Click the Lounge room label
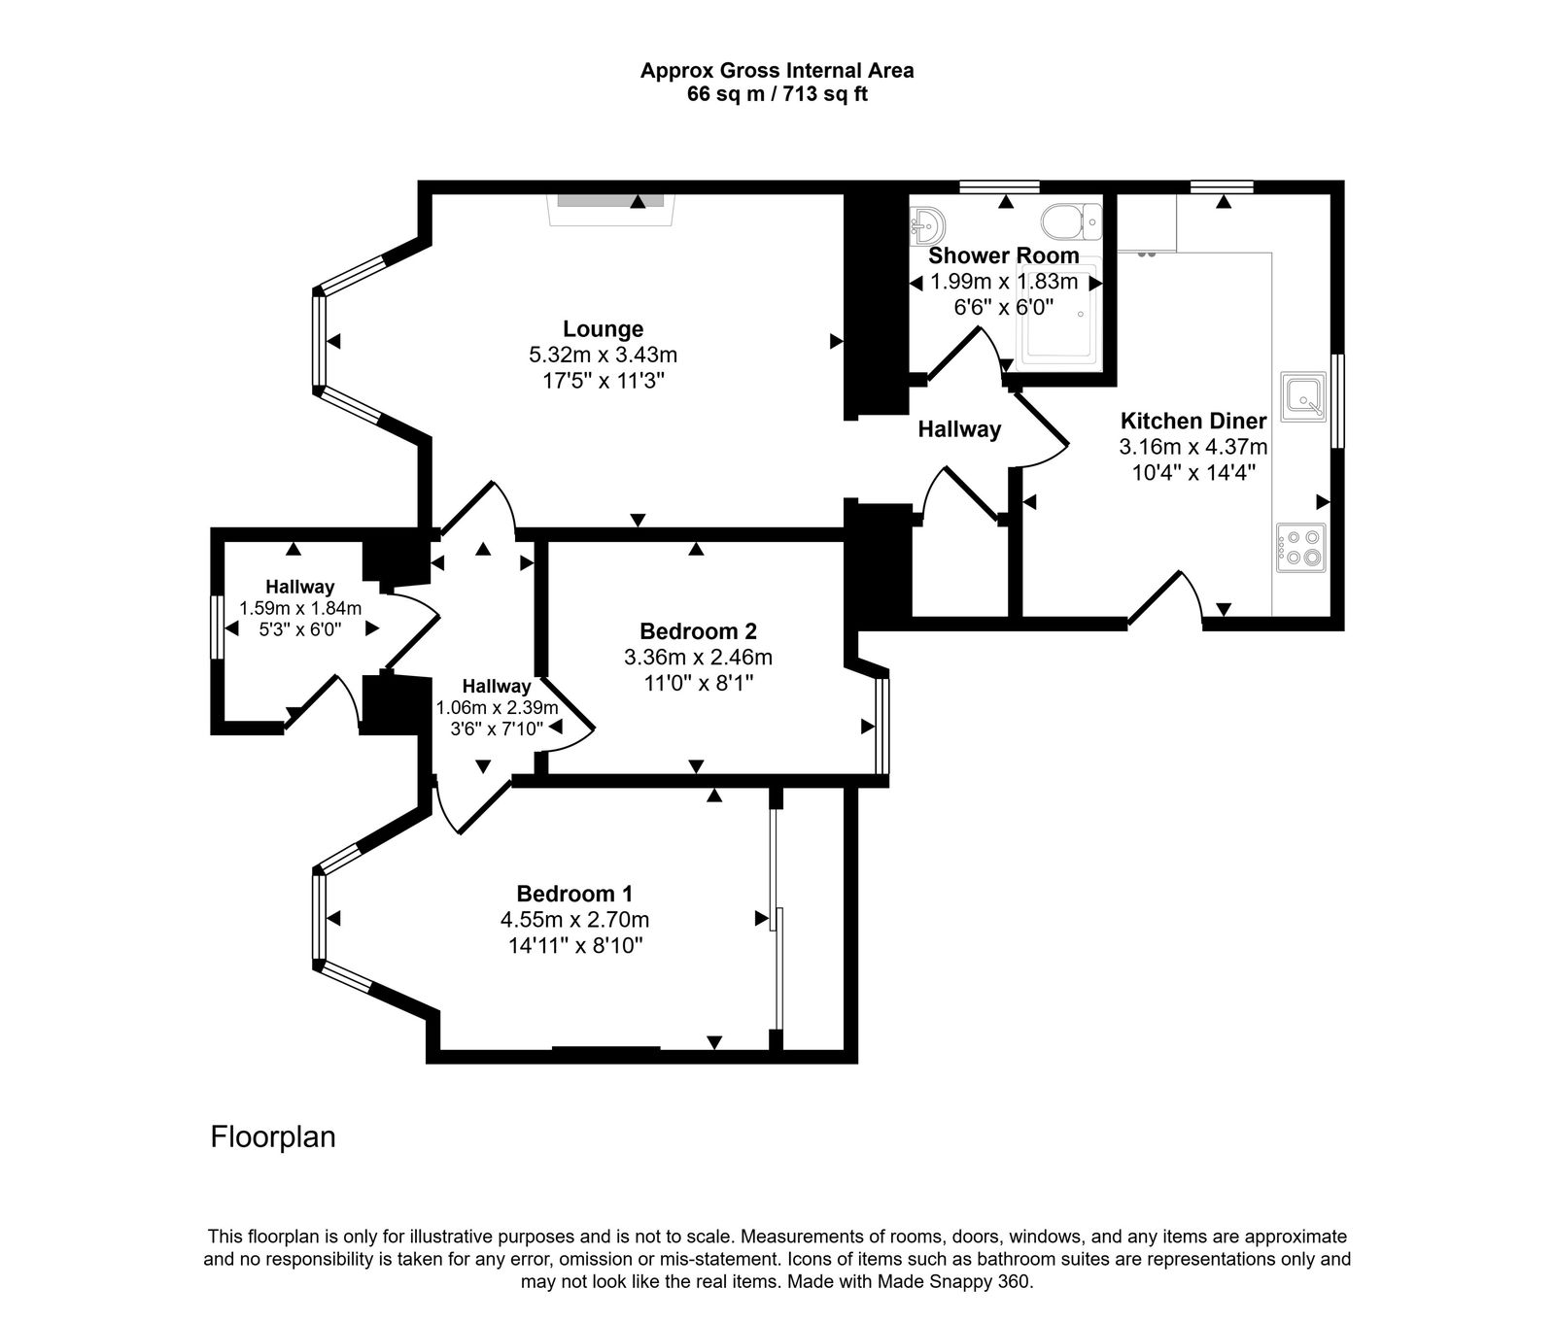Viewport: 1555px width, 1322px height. click(603, 329)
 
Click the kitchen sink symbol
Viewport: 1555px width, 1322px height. click(1302, 396)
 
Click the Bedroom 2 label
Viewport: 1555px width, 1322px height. click(697, 630)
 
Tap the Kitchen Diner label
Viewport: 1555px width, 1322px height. click(1193, 422)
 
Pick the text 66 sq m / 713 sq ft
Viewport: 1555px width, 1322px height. click(777, 95)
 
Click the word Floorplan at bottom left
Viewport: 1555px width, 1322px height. click(273, 1137)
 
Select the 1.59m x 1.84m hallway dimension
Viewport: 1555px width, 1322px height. click(300, 608)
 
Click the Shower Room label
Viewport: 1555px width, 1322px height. click(1003, 255)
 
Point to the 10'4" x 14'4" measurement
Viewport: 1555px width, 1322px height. click(1193, 473)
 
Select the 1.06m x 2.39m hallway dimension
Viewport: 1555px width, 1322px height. click(497, 707)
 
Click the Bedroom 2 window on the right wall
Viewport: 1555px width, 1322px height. click(881, 727)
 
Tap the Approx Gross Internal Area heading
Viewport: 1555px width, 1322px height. click(777, 70)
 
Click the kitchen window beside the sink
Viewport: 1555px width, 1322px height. click(1337, 400)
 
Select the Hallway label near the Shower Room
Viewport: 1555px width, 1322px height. click(959, 428)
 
